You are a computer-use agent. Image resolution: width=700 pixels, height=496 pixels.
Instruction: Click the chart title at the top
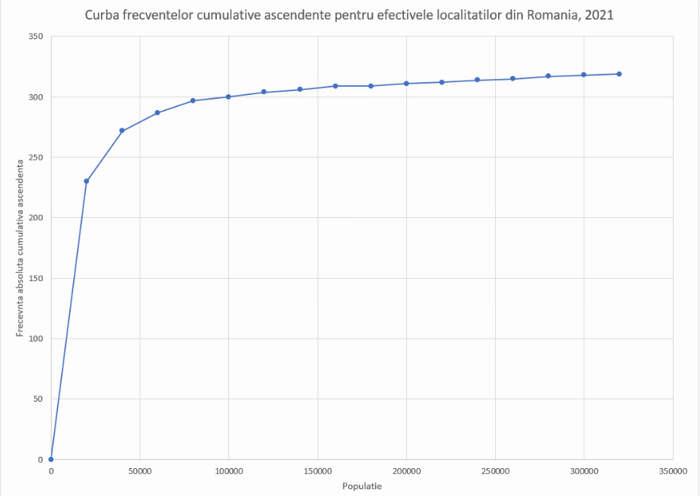click(x=350, y=14)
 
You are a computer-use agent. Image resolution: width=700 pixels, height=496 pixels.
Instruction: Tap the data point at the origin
click(x=51, y=459)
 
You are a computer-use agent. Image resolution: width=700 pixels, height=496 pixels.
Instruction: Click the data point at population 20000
click(x=87, y=181)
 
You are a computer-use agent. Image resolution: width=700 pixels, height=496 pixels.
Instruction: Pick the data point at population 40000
click(x=122, y=130)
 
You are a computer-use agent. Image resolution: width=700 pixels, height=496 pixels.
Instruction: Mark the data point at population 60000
click(x=157, y=112)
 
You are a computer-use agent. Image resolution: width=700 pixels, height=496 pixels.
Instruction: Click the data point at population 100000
click(x=228, y=96)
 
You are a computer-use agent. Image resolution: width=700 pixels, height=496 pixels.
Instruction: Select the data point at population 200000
click(x=406, y=84)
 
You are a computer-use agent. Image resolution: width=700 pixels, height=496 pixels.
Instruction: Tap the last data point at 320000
click(x=619, y=74)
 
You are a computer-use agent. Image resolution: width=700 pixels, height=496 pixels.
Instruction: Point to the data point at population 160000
click(x=335, y=86)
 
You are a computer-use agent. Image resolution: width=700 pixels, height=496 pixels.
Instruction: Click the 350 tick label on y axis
click(x=35, y=36)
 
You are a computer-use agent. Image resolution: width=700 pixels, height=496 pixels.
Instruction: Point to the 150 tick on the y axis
click(x=35, y=278)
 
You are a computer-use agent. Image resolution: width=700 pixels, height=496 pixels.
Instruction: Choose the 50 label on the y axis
click(x=38, y=399)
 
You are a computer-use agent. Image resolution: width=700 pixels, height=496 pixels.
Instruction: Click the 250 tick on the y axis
click(x=35, y=157)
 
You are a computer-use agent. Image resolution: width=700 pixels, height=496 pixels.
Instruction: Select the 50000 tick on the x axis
click(x=140, y=471)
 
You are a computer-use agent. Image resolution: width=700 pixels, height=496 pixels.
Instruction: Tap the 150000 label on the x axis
click(x=317, y=471)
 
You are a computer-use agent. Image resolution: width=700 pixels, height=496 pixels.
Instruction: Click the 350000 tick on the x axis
click(x=673, y=471)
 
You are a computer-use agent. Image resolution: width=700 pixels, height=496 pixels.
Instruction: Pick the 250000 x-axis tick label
click(x=495, y=471)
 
